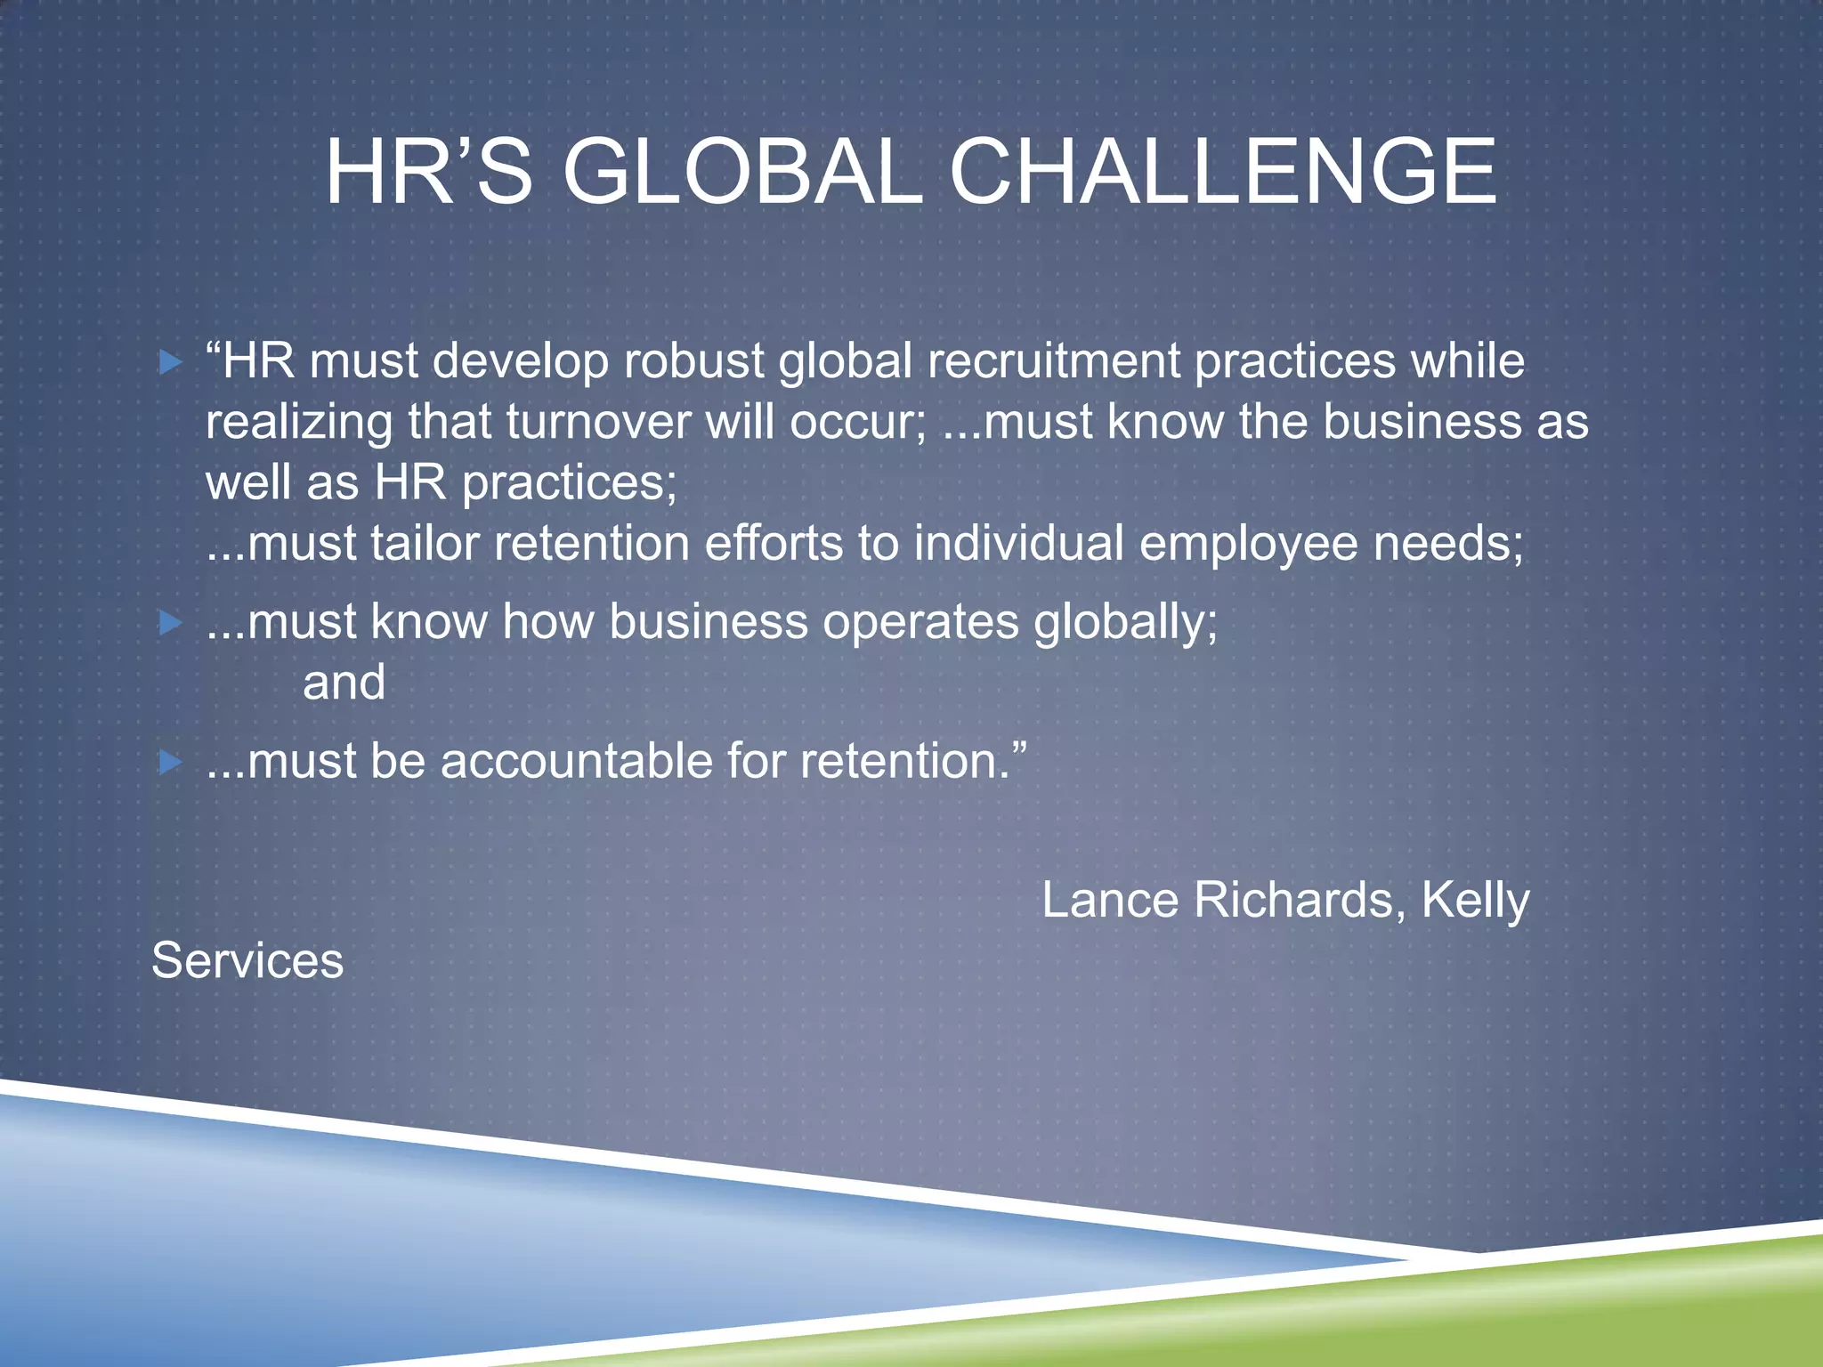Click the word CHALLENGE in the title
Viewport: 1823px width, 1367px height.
coord(1223,173)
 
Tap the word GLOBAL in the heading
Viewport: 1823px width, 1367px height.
coord(741,173)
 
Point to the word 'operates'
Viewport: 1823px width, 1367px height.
coord(920,622)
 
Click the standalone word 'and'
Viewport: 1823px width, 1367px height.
coord(344,683)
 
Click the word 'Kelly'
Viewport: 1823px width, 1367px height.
coord(1475,902)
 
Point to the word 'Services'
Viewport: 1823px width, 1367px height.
coord(247,961)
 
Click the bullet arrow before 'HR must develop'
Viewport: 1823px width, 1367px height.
coord(170,362)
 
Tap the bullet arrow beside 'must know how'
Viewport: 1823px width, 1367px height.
coord(170,622)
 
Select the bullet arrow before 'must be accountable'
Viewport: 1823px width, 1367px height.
coord(170,762)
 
